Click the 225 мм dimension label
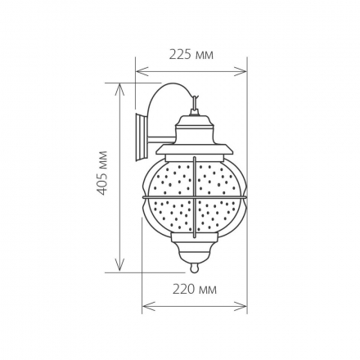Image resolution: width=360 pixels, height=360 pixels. coord(191,55)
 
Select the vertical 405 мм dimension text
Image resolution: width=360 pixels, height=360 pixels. coord(102,177)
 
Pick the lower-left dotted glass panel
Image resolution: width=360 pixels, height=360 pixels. coord(173,215)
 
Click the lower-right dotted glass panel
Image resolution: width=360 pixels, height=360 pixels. coord(216,215)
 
